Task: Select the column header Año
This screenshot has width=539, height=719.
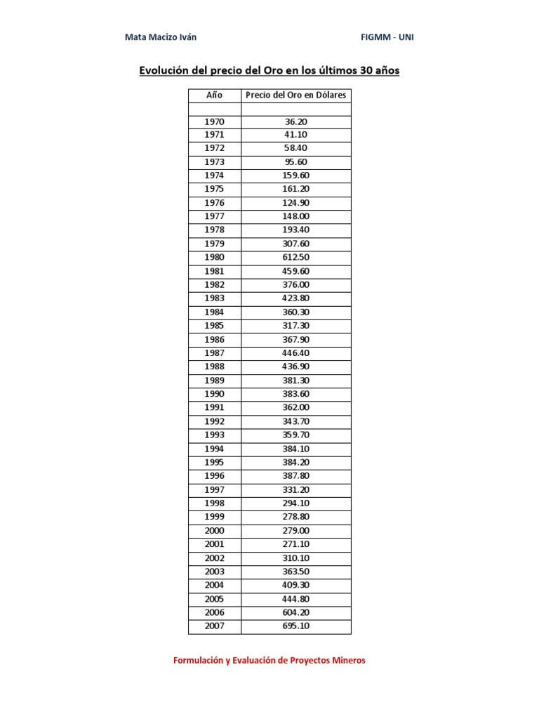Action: point(214,95)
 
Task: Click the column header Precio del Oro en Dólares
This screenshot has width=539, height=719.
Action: point(295,95)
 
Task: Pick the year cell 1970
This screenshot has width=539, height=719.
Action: point(214,121)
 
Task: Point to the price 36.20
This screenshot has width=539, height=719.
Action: point(295,121)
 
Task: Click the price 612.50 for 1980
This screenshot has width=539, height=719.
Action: point(295,257)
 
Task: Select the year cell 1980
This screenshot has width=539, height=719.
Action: point(214,257)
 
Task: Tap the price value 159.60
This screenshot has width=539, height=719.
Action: point(295,176)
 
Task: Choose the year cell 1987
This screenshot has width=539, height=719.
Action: point(214,352)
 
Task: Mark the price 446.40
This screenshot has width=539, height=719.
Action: point(295,352)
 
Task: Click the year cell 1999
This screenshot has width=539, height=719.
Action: point(214,517)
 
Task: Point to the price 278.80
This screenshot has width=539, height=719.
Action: point(295,517)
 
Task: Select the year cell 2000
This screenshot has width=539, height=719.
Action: point(214,530)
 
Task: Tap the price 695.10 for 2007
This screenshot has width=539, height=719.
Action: point(295,626)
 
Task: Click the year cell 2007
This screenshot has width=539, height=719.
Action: point(214,626)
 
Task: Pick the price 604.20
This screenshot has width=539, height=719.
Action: point(295,612)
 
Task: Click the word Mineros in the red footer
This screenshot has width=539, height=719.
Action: point(347,661)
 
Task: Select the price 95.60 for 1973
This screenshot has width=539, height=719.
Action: point(295,161)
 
